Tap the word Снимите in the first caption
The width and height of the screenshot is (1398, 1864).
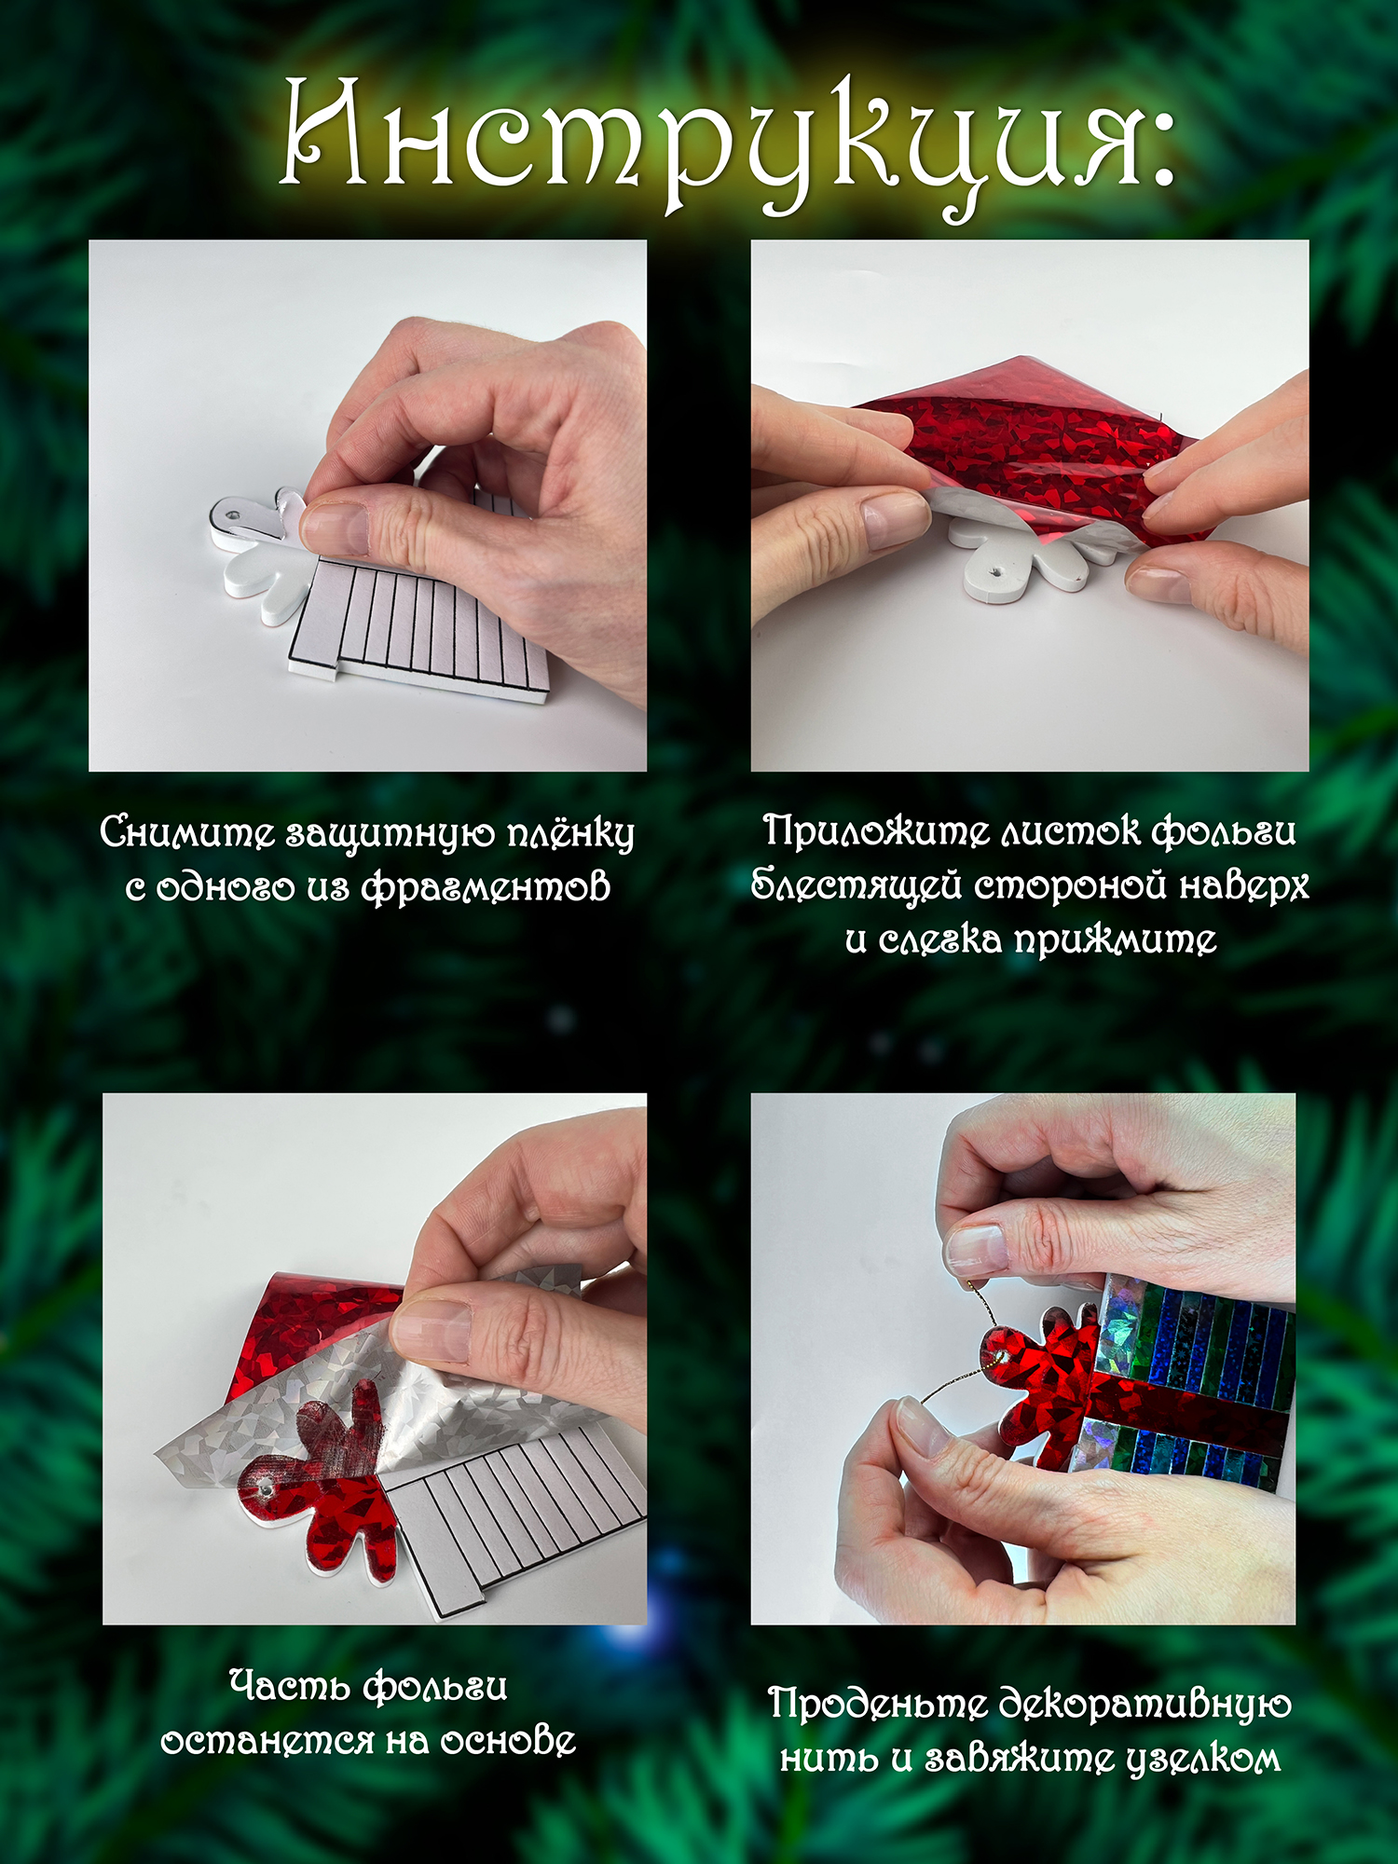click(x=186, y=831)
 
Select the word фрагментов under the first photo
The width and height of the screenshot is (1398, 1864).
click(x=486, y=887)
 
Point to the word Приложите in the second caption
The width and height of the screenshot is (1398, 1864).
click(x=876, y=830)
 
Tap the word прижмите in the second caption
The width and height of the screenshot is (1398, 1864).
click(x=1116, y=939)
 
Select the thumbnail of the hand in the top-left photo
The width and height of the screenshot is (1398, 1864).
click(x=334, y=529)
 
